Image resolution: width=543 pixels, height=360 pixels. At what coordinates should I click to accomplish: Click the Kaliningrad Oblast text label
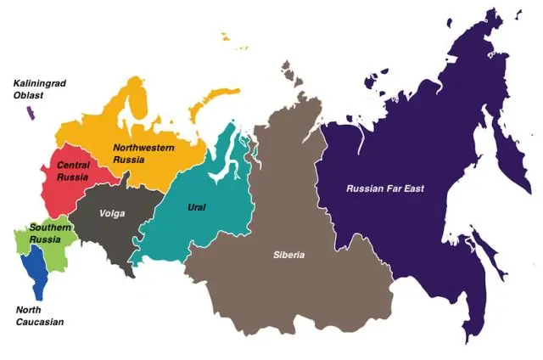pyautogui.click(x=39, y=89)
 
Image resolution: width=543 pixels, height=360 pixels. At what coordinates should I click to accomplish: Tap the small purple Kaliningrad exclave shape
pyautogui.click(x=31, y=113)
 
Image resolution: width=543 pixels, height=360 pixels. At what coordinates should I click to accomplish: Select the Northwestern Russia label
pyautogui.click(x=143, y=153)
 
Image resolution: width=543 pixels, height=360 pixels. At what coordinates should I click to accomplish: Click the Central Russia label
pyautogui.click(x=73, y=171)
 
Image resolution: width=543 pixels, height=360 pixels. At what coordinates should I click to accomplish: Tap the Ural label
pyautogui.click(x=196, y=206)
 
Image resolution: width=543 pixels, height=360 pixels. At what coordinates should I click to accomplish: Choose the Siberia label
pyautogui.click(x=288, y=255)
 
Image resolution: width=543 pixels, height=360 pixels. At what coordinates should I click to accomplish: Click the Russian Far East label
pyautogui.click(x=385, y=188)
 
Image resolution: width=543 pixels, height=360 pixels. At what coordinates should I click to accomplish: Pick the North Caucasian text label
pyautogui.click(x=40, y=316)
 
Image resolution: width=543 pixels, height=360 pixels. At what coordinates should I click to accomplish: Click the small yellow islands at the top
pyautogui.click(x=226, y=37)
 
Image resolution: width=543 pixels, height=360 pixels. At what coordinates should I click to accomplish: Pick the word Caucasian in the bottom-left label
pyautogui.click(x=40, y=322)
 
